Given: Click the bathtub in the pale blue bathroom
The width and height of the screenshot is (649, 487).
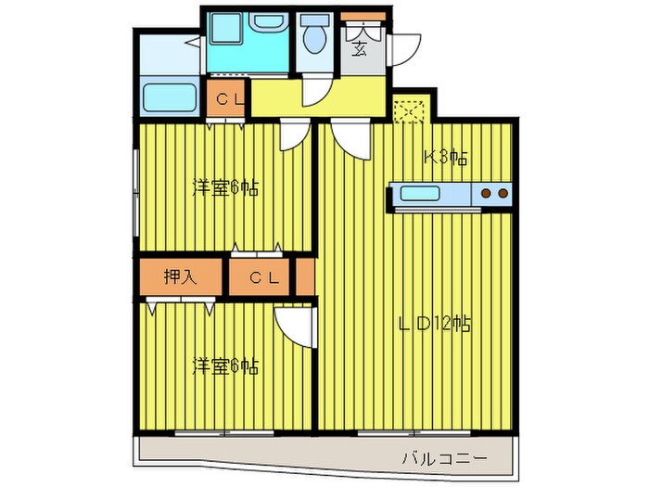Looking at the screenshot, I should pos(170,97).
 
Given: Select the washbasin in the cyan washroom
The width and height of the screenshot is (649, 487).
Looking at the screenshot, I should pos(265,24).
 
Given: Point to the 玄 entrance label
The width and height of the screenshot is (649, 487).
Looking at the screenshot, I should pos(359,47).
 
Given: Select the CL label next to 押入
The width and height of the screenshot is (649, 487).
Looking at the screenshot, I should pos(261,277).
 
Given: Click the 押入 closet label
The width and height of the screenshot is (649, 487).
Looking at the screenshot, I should pos(180,277).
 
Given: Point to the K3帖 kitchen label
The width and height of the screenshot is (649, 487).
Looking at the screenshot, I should pos(444,158).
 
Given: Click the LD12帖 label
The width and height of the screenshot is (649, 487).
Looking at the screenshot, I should pos(435,325).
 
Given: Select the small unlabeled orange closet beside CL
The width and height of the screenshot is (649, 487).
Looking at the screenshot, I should pos(304,277).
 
